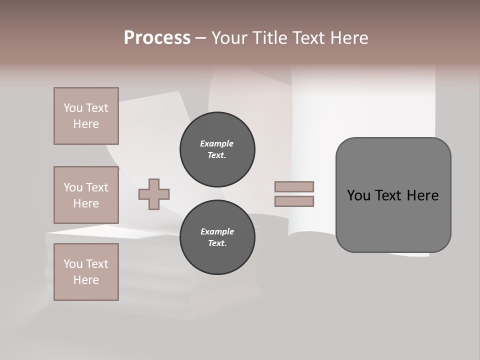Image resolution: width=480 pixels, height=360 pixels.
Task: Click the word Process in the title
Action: [x=157, y=37]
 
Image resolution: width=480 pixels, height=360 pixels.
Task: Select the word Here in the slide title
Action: [x=348, y=38]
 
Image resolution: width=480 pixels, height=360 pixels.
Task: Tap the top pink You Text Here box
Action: [x=86, y=116]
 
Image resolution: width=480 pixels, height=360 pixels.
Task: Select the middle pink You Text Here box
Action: [x=86, y=195]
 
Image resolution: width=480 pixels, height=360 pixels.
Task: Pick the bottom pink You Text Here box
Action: [x=86, y=272]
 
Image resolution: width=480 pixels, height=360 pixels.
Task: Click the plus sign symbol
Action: [x=154, y=194]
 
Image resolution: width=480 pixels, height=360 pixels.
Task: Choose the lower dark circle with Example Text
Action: [x=217, y=237]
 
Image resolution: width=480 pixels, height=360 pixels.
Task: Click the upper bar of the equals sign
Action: [x=294, y=186]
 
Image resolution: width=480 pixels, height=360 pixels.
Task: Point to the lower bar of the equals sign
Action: [x=294, y=201]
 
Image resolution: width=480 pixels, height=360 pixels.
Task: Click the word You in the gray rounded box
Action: [x=358, y=195]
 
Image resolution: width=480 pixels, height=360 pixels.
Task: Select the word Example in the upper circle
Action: [x=217, y=143]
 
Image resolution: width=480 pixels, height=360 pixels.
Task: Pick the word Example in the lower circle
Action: [x=217, y=231]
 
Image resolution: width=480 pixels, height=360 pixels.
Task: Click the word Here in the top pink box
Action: [x=86, y=124]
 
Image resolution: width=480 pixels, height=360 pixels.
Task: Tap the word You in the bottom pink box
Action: [x=73, y=263]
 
